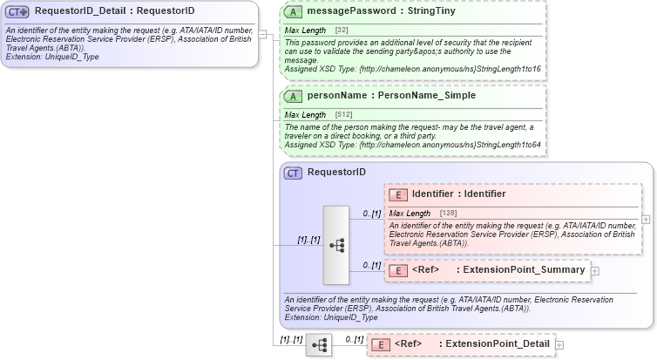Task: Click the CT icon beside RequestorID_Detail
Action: pyautogui.click(x=17, y=11)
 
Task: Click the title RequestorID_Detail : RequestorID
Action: pyautogui.click(x=114, y=11)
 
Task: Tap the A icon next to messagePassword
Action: pyautogui.click(x=295, y=11)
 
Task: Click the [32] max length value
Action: pyautogui.click(x=342, y=31)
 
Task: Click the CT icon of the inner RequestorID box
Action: pyautogui.click(x=295, y=173)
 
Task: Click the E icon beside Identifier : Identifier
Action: pyautogui.click(x=398, y=194)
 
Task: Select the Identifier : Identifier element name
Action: pyautogui.click(x=459, y=194)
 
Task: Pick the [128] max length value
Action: pyautogui.click(x=448, y=214)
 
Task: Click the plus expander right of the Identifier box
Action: pyautogui.click(x=646, y=219)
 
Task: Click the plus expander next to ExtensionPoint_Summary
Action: pyautogui.click(x=595, y=270)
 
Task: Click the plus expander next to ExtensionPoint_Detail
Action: pyautogui.click(x=560, y=344)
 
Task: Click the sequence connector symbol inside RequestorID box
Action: pyautogui.click(x=336, y=246)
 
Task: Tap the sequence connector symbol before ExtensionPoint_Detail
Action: pyautogui.click(x=319, y=345)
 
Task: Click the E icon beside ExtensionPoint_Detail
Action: pyautogui.click(x=381, y=344)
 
